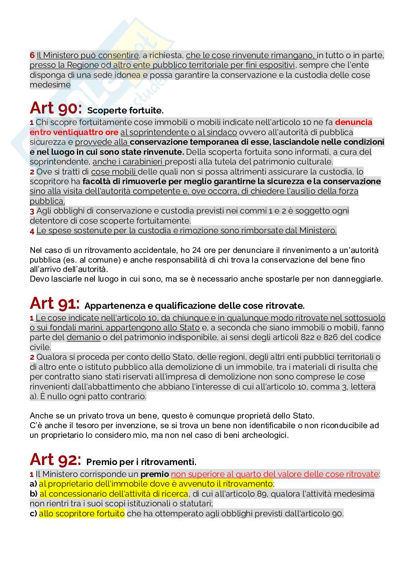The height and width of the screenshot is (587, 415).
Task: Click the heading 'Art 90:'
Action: click(55, 109)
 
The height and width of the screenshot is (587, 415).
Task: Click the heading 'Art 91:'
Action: click(54, 304)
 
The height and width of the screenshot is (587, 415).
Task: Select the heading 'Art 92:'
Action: click(55, 460)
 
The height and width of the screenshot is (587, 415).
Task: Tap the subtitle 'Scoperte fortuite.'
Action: click(125, 111)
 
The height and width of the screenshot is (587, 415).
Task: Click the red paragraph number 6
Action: click(32, 56)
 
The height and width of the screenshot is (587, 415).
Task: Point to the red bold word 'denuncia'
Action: click(354, 122)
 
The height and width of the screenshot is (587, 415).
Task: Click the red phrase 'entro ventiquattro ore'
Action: click(74, 132)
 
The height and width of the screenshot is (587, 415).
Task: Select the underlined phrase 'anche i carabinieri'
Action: click(128, 162)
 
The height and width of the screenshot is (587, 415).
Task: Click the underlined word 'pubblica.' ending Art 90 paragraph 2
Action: click(47, 201)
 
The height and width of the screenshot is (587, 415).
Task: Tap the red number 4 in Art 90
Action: click(32, 231)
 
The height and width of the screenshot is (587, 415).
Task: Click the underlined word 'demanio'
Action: click(83, 337)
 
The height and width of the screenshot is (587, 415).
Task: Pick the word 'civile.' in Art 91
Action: click(40, 347)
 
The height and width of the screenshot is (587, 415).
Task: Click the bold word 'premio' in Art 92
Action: click(154, 474)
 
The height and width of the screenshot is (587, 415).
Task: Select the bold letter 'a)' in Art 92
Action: click(33, 484)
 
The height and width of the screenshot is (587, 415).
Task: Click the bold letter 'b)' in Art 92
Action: click(33, 494)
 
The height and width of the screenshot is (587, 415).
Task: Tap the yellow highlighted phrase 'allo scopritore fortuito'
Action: click(82, 514)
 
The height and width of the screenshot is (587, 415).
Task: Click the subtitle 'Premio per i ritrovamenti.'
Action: click(141, 462)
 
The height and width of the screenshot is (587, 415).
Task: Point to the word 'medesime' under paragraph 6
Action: click(50, 85)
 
